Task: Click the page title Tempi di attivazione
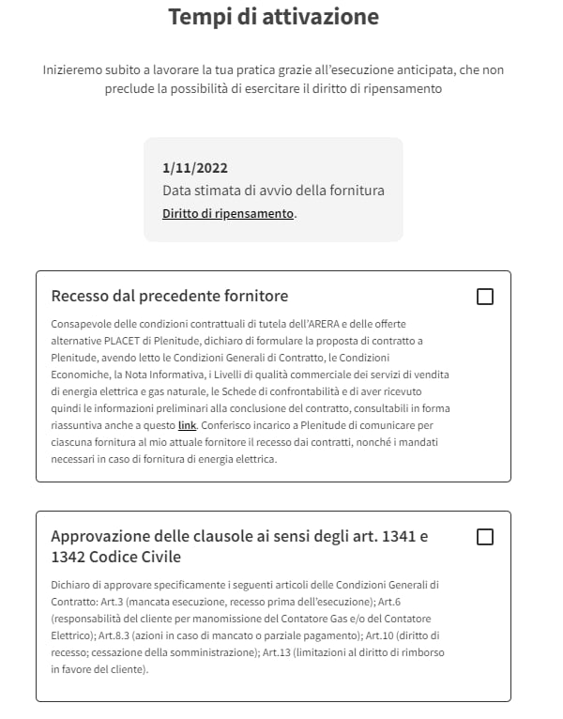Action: [273, 17]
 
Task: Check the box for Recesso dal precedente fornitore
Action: [485, 297]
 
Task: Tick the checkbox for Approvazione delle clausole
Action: [485, 537]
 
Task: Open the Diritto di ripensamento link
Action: [228, 214]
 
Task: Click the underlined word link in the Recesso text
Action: [187, 425]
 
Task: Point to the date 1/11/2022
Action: [195, 168]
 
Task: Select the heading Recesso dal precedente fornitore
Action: [170, 297]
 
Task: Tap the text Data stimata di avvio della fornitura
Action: [273, 191]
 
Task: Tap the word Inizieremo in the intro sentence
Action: [74, 70]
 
